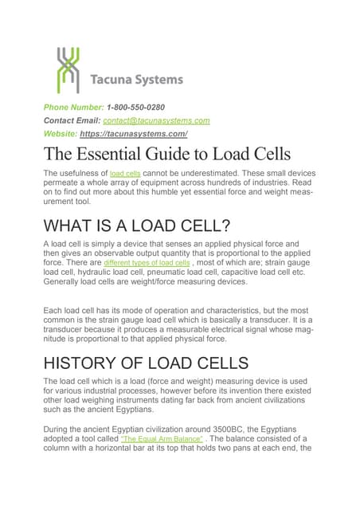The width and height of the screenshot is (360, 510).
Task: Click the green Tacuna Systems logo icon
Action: [x=68, y=70]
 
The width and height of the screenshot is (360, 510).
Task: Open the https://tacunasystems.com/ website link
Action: [x=134, y=134]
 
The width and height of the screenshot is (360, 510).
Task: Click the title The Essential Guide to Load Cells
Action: [x=166, y=155]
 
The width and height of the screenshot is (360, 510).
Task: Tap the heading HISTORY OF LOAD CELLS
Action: [x=146, y=363]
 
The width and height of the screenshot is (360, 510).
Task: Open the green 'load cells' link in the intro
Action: [x=125, y=174]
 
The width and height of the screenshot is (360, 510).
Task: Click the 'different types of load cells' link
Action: [x=147, y=263]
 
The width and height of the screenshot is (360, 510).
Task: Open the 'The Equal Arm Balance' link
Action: [x=162, y=439]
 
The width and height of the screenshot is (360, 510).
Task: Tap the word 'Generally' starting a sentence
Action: [x=67, y=280]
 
